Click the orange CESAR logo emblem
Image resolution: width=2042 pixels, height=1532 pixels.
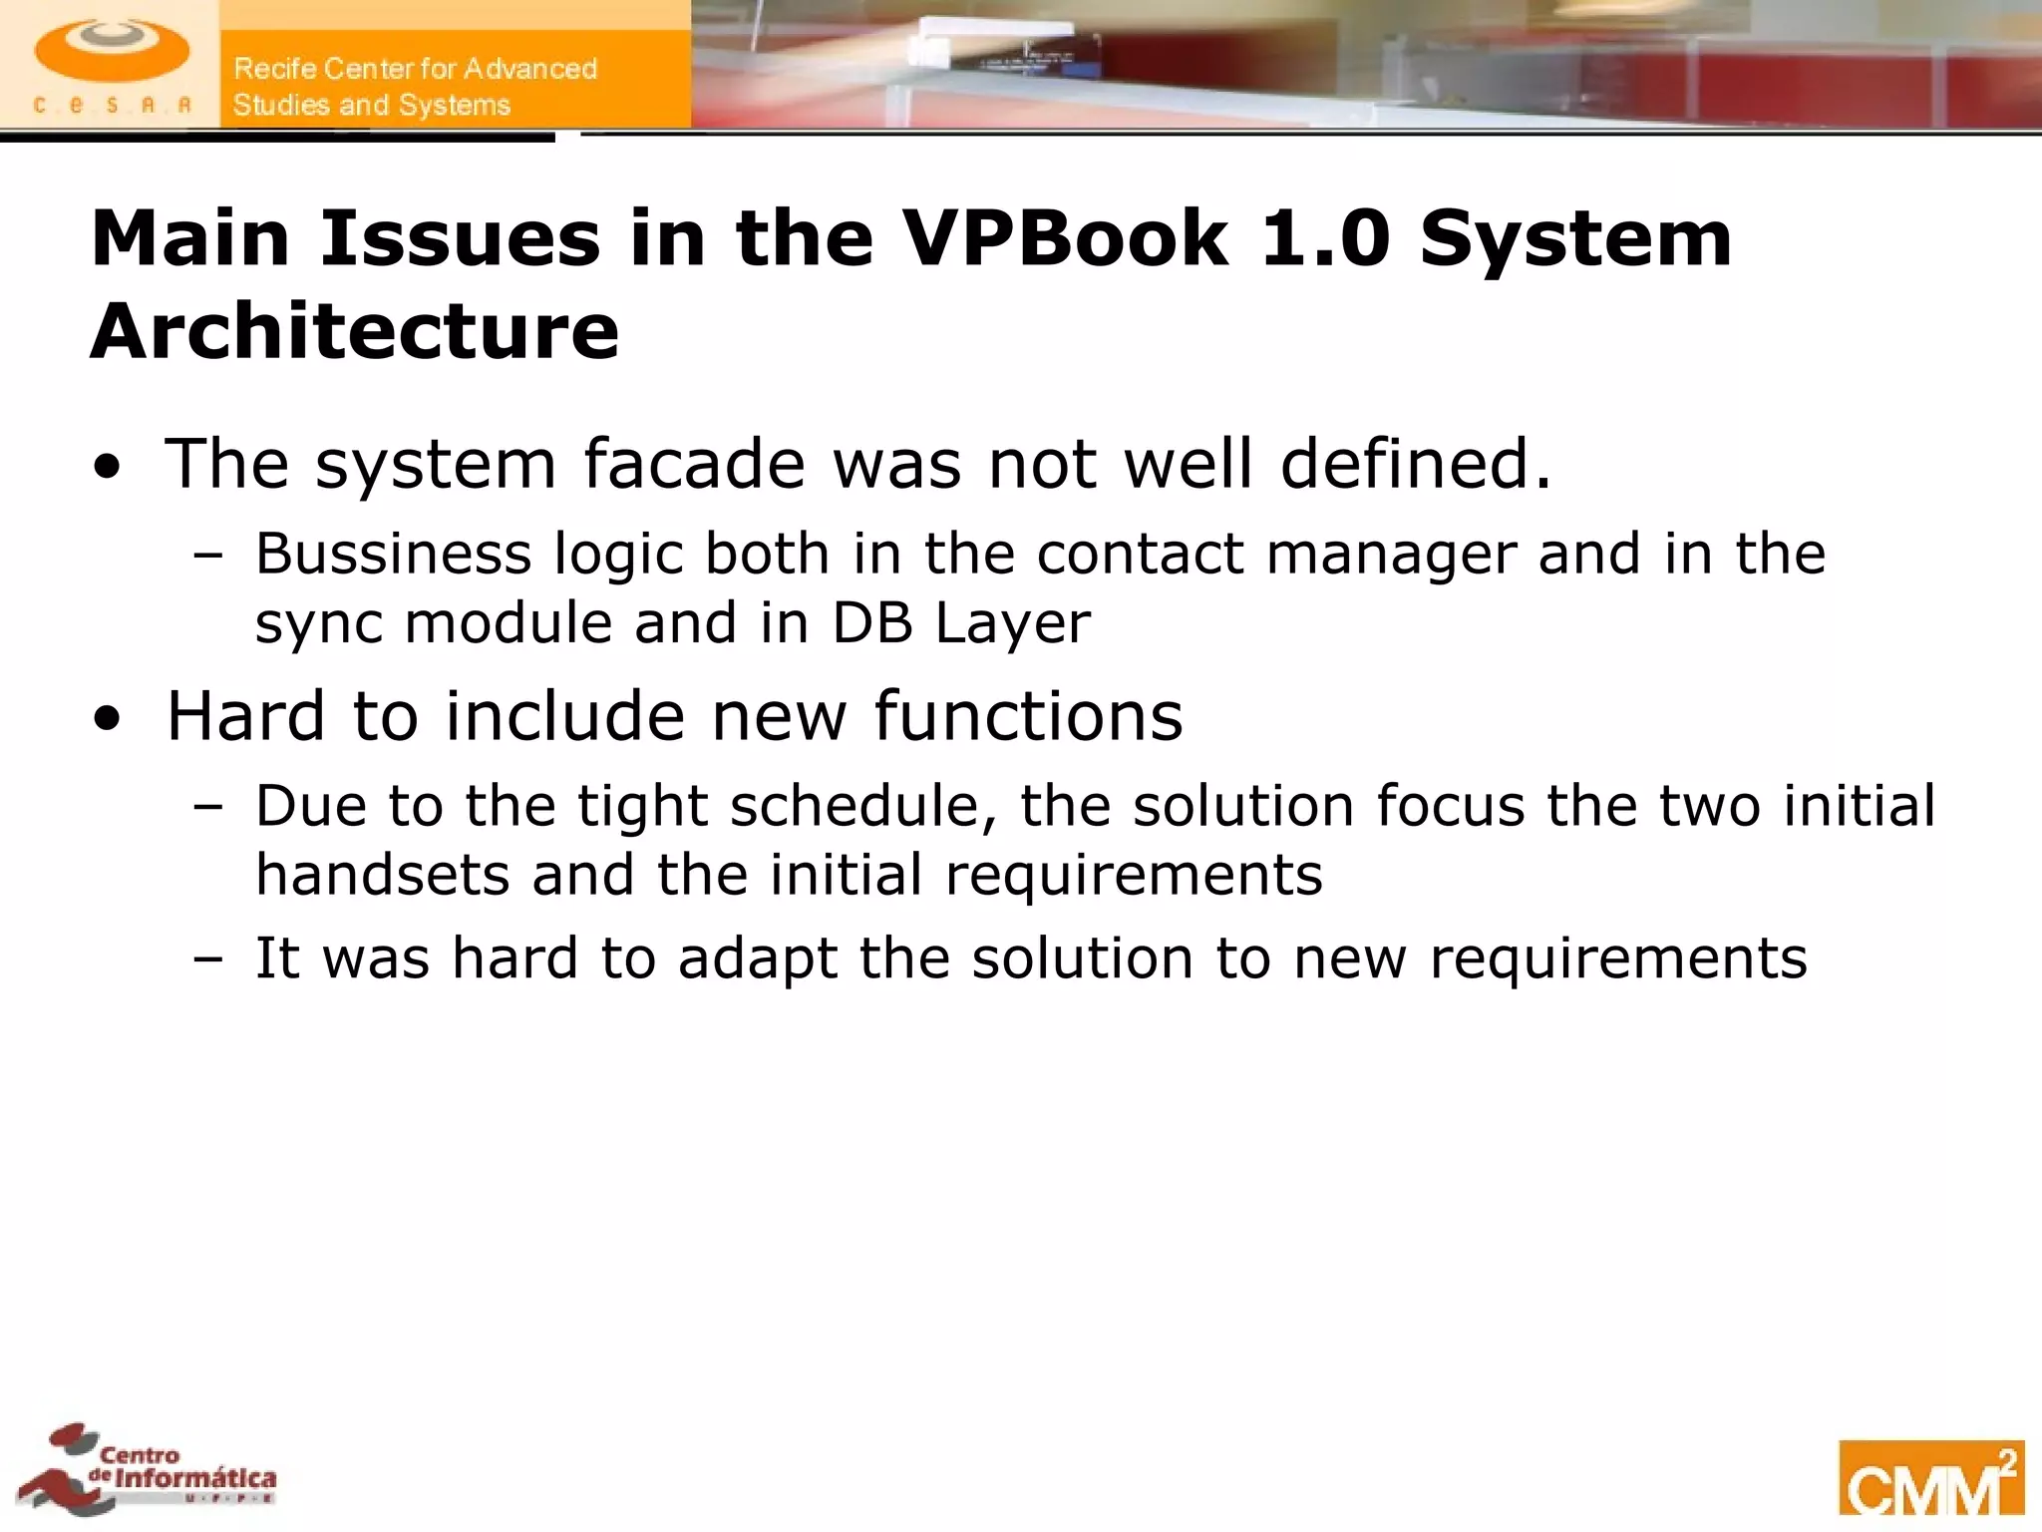pos(111,52)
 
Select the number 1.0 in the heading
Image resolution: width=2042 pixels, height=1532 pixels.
pos(1325,239)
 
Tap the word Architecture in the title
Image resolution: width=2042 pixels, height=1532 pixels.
pos(355,331)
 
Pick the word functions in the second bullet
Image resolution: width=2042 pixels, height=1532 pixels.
pos(1028,716)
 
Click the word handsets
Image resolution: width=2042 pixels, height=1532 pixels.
pos(381,875)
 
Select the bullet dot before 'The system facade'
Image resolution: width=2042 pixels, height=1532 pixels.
pos(108,467)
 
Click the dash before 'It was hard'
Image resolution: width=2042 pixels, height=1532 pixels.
pos(208,959)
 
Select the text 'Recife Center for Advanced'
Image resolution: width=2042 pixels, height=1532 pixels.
pos(415,69)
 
